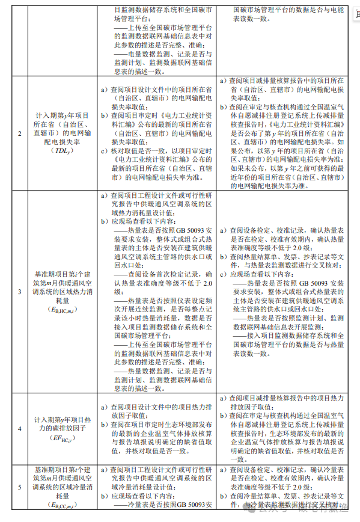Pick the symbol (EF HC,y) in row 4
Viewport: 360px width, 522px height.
click(x=53, y=438)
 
